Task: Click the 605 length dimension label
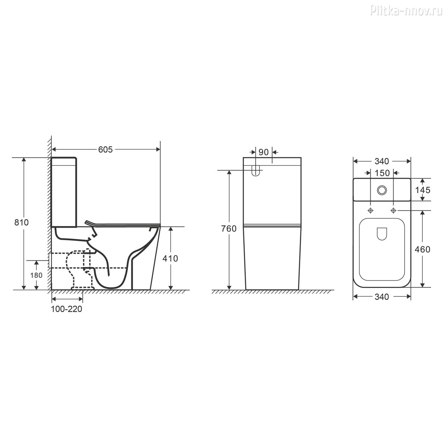pos(105,150)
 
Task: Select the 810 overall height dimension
pos(21,222)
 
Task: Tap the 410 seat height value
pos(170,259)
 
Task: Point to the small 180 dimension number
pos(36,275)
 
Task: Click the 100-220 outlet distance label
pos(67,309)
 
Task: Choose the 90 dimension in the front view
pos(263,152)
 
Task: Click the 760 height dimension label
pos(229,229)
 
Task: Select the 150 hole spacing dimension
pos(382,173)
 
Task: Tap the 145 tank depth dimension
pos(423,190)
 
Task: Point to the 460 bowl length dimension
pos(422,250)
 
